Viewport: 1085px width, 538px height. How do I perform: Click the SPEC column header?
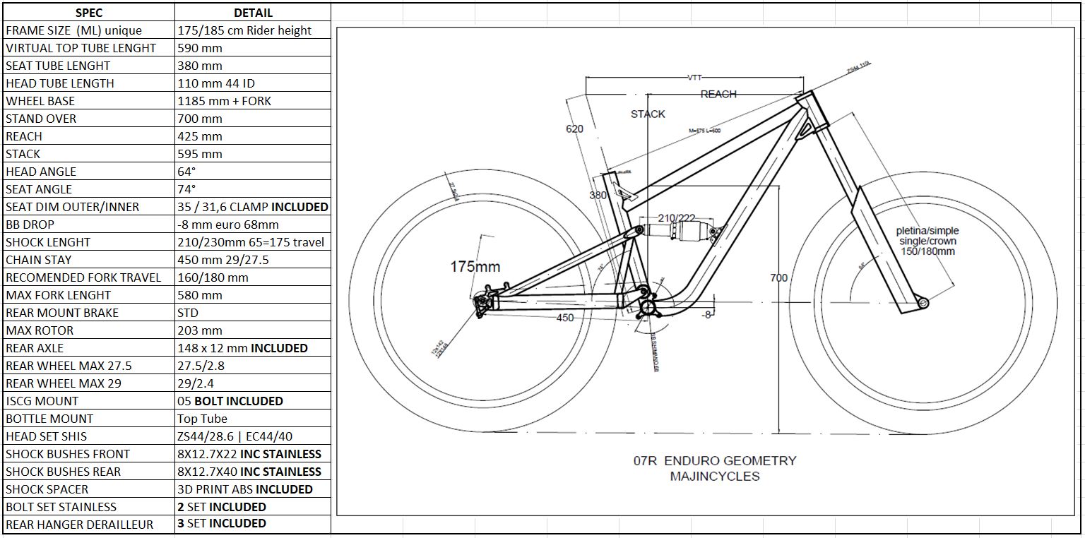88,13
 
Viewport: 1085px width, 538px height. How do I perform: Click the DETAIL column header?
253,13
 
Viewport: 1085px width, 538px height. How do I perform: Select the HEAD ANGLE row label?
41,172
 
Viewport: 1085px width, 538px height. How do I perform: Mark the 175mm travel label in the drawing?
475,266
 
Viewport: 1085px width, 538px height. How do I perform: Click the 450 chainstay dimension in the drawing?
565,318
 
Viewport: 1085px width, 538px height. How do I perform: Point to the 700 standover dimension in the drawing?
778,278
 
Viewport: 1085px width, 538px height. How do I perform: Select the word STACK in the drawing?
648,114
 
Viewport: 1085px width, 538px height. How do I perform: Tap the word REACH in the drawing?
718,94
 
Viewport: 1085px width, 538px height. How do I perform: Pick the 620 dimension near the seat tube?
574,128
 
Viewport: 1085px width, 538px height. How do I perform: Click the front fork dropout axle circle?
923,303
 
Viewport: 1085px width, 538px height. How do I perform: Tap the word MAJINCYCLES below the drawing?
715,477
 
